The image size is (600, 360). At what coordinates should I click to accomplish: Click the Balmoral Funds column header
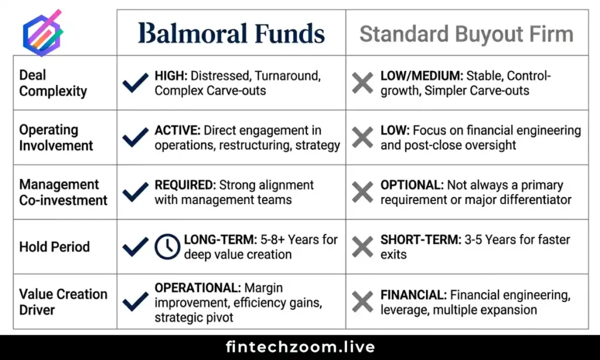pos(231,33)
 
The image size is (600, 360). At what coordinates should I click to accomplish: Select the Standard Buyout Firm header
pos(466,34)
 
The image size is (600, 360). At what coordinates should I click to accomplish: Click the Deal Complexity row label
pos(53,83)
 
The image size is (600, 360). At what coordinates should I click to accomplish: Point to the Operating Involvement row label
pos(56,138)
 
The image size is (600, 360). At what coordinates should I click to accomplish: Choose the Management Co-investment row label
pos(63,192)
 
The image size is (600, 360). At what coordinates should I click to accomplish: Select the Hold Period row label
pos(54,247)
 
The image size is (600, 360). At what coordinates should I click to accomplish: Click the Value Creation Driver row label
pos(63,301)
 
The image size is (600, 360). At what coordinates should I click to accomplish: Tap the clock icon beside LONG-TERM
pos(167,247)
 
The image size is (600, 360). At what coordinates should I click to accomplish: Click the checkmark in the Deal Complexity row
pos(135,83)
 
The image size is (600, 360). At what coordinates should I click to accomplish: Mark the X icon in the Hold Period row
pos(363,247)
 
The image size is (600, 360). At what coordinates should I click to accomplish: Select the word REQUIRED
pos(185,185)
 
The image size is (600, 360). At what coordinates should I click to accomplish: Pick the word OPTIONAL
pos(411,185)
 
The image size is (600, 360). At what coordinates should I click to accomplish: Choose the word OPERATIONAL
pos(197,288)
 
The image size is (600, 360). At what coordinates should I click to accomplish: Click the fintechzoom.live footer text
pos(300,347)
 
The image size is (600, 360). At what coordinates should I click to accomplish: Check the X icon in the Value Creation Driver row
pos(363,302)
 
